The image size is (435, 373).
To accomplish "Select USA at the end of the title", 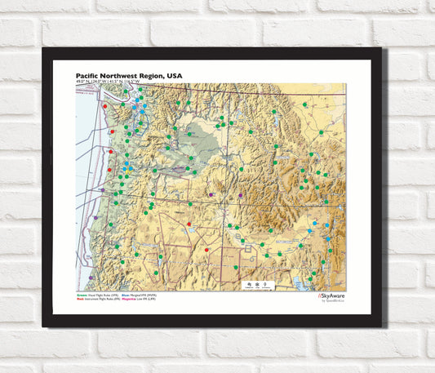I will click(174, 75).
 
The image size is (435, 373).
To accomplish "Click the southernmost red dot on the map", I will click(206, 250).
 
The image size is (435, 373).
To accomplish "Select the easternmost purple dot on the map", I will click(240, 195).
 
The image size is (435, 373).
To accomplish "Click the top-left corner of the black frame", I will click(44, 50).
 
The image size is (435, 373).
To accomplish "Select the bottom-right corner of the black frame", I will click(380, 326).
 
